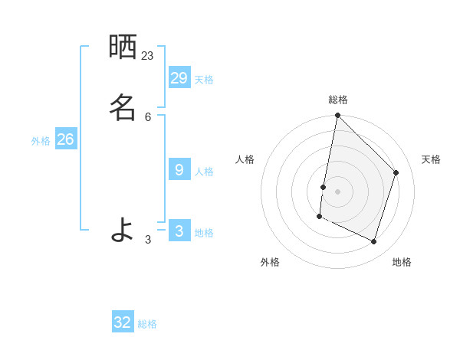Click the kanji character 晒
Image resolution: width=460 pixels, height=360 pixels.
pyautogui.click(x=123, y=47)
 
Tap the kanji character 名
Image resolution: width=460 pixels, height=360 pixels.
pyautogui.click(x=123, y=106)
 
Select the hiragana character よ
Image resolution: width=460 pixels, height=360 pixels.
pyautogui.click(x=123, y=229)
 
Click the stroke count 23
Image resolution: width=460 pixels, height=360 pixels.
pyautogui.click(x=147, y=56)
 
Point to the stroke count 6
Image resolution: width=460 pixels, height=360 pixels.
pyautogui.click(x=148, y=116)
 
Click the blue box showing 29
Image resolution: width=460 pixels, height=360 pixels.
pyautogui.click(x=179, y=78)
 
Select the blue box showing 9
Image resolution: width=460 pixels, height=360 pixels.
pyautogui.click(x=179, y=170)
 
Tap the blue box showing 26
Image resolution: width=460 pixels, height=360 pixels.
pyautogui.click(x=65, y=139)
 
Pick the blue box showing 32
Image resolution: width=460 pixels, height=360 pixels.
pyautogui.click(x=123, y=322)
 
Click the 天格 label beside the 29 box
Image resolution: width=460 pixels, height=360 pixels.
pyautogui.click(x=204, y=80)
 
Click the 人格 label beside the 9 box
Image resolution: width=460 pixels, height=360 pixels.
pyautogui.click(x=204, y=172)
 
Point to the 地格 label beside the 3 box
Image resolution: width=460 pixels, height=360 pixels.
pyautogui.click(x=204, y=233)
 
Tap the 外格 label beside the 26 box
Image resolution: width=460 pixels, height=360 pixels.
pyautogui.click(x=41, y=141)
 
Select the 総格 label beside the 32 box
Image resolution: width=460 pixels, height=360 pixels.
pyautogui.click(x=148, y=324)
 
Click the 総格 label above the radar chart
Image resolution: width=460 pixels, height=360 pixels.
pyautogui.click(x=338, y=100)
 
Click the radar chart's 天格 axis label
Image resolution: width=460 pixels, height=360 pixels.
pyautogui.click(x=431, y=159)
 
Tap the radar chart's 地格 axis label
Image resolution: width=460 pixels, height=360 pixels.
pyautogui.click(x=402, y=262)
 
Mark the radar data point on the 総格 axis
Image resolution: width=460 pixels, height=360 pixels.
pyautogui.click(x=337, y=116)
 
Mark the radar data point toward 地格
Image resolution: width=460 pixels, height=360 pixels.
pyautogui.click(x=374, y=242)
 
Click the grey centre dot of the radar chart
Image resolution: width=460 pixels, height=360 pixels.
pyautogui.click(x=337, y=191)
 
